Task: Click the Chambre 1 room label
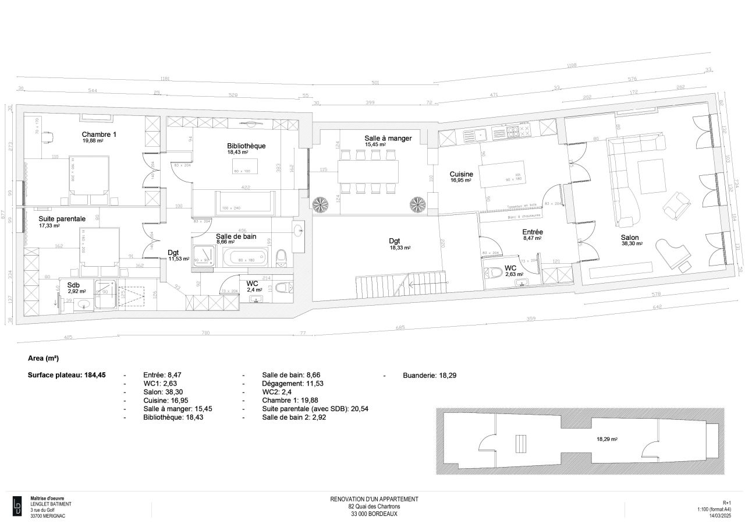click(x=99, y=135)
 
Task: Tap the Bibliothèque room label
click(x=246, y=146)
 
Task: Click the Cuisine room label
click(x=461, y=174)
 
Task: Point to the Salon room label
click(x=629, y=238)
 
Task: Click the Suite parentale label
click(x=62, y=219)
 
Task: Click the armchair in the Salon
click(x=676, y=204)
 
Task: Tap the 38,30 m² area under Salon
click(x=632, y=245)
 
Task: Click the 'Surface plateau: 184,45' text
click(x=66, y=376)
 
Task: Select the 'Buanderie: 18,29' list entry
click(x=429, y=376)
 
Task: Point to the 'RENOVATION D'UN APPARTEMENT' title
click(x=374, y=499)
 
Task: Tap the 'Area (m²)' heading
click(x=44, y=358)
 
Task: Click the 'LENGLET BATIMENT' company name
click(x=51, y=504)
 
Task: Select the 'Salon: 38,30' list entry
click(x=162, y=392)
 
